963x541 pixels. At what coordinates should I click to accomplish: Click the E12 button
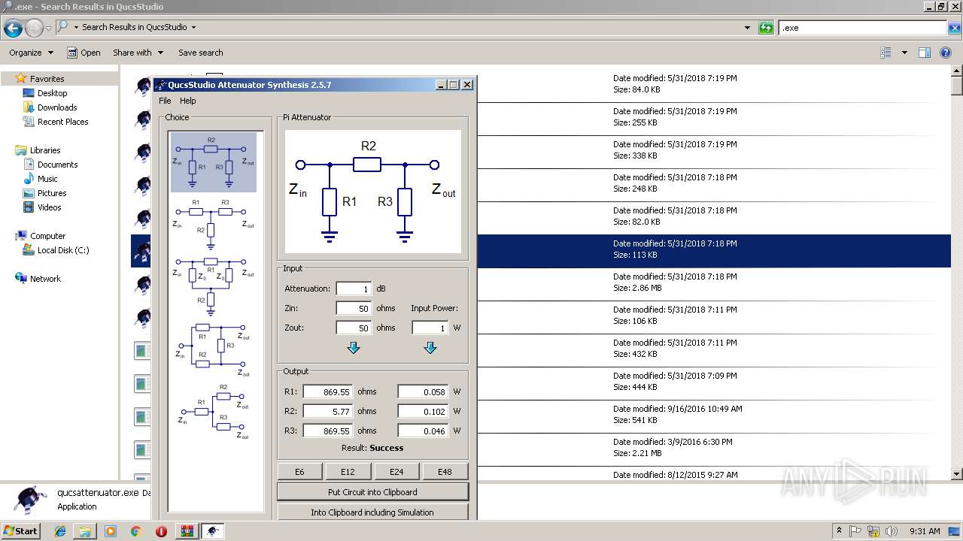[347, 472]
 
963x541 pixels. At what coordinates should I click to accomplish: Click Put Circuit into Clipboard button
[372, 492]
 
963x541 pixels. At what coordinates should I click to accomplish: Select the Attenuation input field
[353, 289]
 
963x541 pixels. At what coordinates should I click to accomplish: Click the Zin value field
[353, 308]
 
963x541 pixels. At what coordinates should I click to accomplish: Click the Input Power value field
[430, 328]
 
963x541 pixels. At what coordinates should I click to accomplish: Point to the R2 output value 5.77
[328, 411]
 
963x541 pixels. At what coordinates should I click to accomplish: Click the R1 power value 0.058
[423, 391]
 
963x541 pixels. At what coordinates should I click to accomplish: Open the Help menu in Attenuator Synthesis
[187, 101]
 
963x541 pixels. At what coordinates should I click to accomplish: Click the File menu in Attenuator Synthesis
[165, 101]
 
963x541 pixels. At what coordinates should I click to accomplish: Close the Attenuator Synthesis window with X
[467, 85]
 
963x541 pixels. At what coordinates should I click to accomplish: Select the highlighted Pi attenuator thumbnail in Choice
[214, 162]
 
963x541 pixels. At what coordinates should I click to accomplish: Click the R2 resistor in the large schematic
[367, 165]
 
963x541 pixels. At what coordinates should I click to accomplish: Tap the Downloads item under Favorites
[57, 107]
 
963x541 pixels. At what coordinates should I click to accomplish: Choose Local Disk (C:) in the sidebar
[63, 250]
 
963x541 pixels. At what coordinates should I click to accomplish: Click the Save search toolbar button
[200, 53]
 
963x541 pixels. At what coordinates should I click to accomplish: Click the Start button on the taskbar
[20, 531]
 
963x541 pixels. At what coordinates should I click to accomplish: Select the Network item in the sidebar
[45, 279]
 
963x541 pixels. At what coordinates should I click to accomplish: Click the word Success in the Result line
[387, 448]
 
